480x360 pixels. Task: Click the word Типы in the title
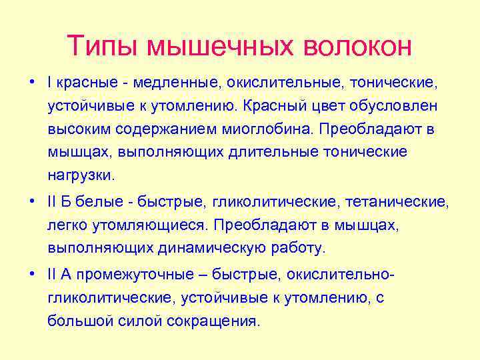(x=103, y=46)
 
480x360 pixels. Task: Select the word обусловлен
(x=390, y=105)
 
